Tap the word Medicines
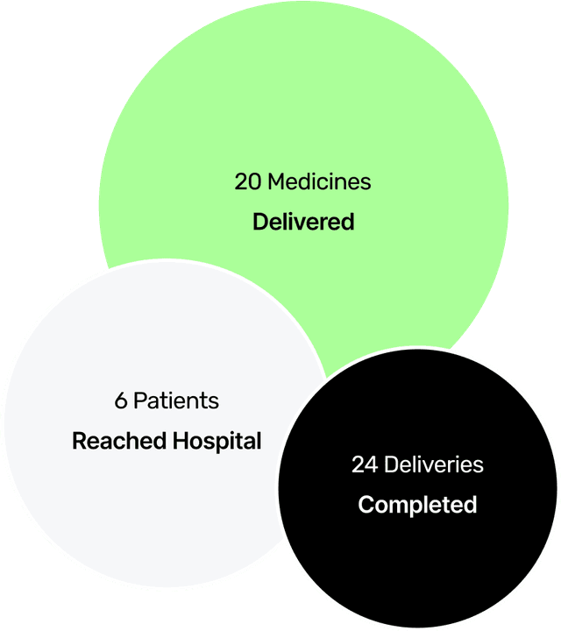click(x=319, y=182)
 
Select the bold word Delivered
click(x=303, y=222)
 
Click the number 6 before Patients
click(x=120, y=401)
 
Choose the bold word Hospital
click(x=217, y=442)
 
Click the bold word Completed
click(x=417, y=505)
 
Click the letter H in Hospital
click(x=180, y=441)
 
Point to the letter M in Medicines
click(x=275, y=182)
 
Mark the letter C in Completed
click(x=366, y=505)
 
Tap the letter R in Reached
click(x=79, y=441)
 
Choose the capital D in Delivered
click(x=259, y=222)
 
